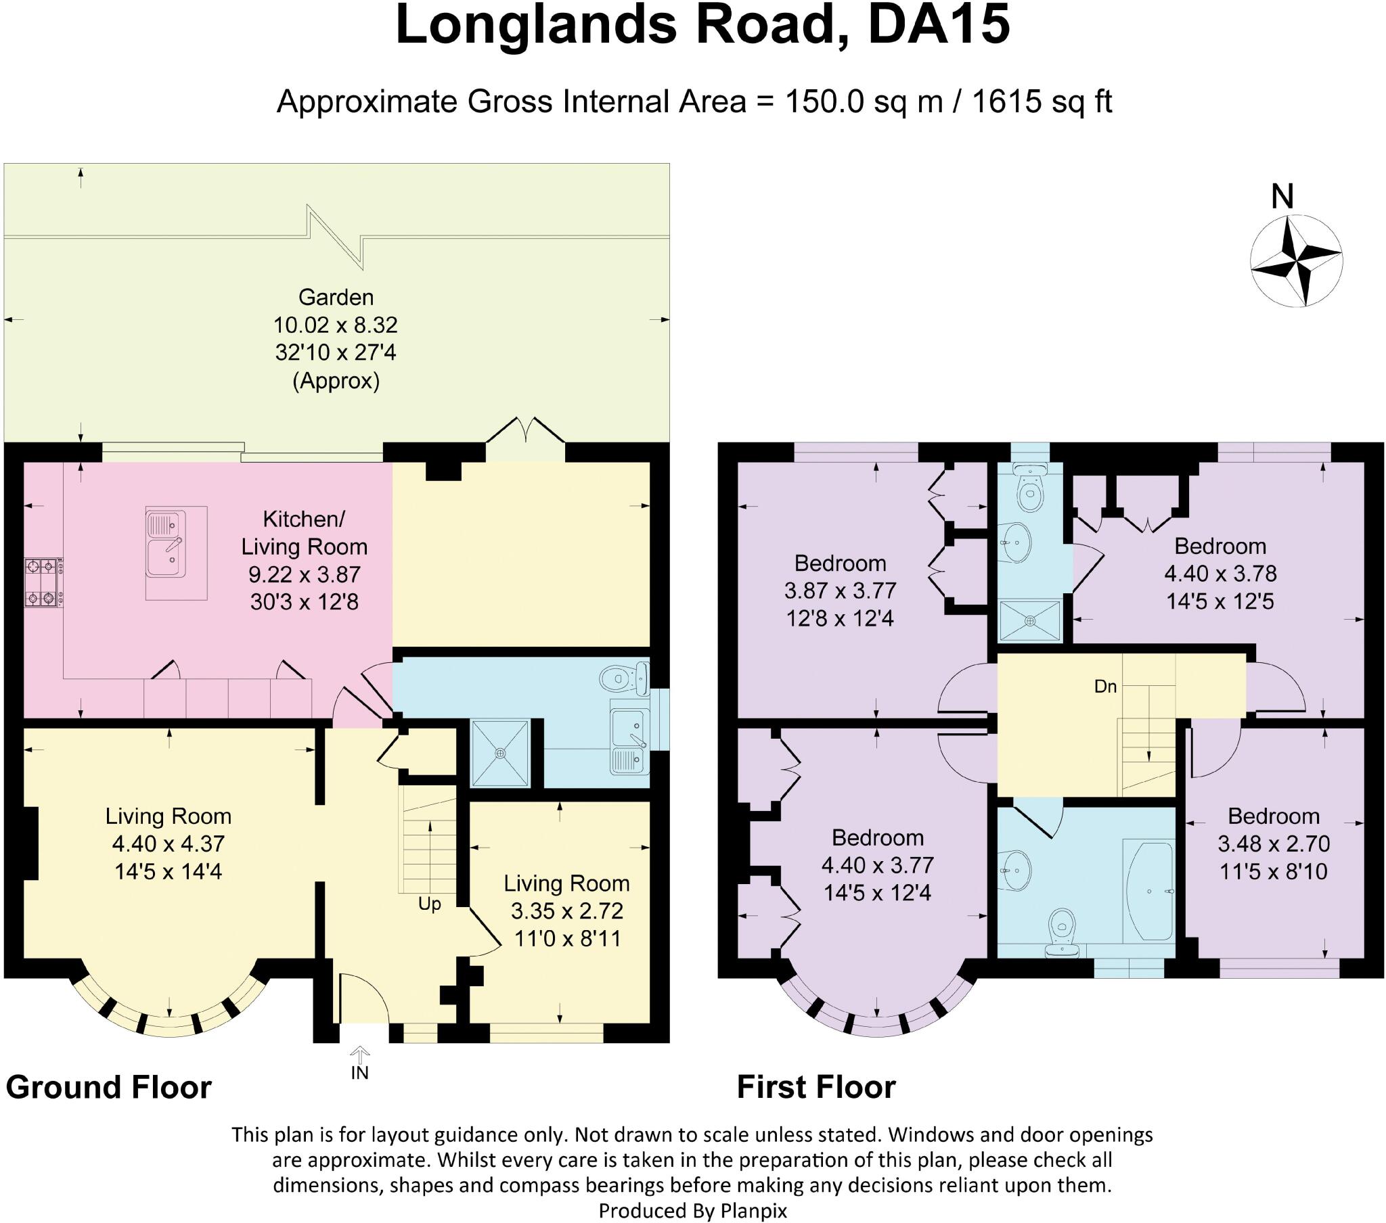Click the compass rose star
[1296, 260]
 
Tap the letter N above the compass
[1282, 197]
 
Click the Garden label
[336, 297]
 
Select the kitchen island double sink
[165, 544]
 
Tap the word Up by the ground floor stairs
[429, 904]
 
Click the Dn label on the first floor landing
[1105, 686]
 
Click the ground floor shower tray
[499, 753]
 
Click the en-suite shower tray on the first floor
[1030, 620]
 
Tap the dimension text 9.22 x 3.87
[304, 574]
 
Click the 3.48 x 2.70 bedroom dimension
[1274, 844]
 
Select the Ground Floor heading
[108, 1087]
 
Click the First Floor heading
[816, 1087]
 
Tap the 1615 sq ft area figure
[1042, 101]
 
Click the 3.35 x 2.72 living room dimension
[567, 910]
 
